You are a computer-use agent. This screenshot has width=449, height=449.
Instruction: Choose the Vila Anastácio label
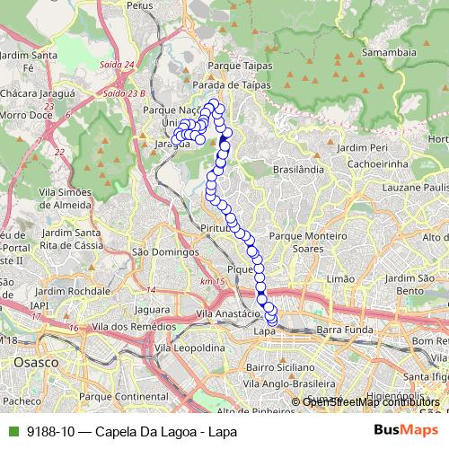(x=228, y=315)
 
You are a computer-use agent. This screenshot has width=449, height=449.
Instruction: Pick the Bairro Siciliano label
(x=278, y=367)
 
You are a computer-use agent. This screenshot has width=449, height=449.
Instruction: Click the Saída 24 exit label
(x=118, y=65)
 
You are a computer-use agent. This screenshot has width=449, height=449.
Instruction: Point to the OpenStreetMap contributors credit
(x=371, y=401)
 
